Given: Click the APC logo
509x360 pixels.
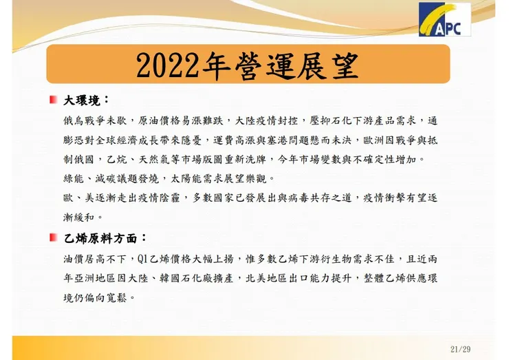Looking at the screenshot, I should tap(445, 21).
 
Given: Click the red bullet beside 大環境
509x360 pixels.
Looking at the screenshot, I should tap(53, 100).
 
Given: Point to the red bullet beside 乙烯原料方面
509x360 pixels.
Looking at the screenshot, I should tap(53, 238).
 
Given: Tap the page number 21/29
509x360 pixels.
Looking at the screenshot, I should tap(460, 349).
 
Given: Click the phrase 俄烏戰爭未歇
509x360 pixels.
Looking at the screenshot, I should tap(96, 120).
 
